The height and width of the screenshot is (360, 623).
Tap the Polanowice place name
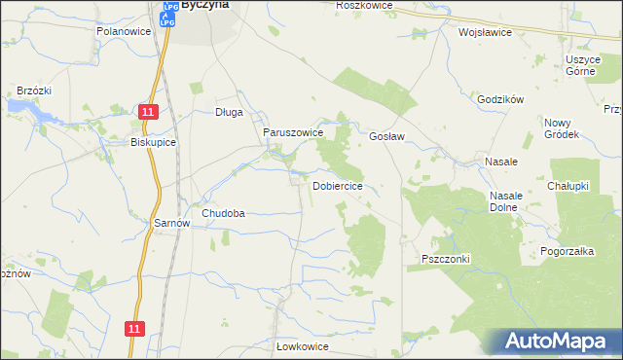121,31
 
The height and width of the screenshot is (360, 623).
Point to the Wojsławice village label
485,31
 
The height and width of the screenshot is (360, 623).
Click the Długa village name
229,112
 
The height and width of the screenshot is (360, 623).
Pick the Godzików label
501,99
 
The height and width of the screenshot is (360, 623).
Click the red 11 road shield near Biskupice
146,114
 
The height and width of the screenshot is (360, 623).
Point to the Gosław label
387,137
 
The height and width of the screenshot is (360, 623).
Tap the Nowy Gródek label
562,128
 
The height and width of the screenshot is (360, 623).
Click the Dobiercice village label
338,185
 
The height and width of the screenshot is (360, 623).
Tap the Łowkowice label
303,346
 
